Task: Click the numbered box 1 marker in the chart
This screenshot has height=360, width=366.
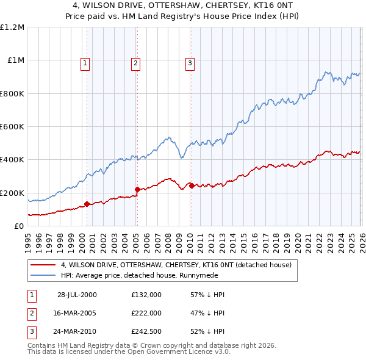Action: (x=85, y=62)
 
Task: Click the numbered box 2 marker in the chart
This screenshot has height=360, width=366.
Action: (x=135, y=62)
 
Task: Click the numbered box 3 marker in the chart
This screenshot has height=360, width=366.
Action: (x=190, y=62)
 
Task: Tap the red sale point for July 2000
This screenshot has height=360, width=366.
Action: (x=87, y=204)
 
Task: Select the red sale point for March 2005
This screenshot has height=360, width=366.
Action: (x=137, y=189)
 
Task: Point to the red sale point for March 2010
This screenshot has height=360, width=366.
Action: (x=192, y=185)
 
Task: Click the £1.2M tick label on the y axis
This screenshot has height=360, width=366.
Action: (x=12, y=27)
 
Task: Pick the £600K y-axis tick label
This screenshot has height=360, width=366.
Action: (x=12, y=127)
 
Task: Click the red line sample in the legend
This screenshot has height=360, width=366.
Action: (x=43, y=265)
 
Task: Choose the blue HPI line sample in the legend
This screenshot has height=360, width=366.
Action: (x=43, y=275)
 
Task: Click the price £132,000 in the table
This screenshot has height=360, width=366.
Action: (x=146, y=294)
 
